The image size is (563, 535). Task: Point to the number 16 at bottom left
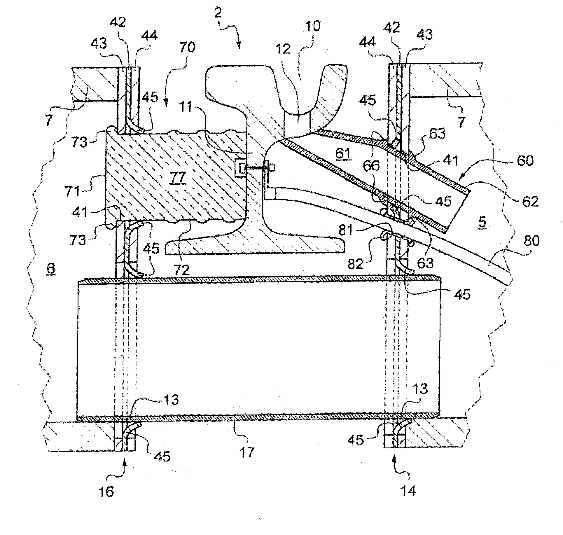coord(106,492)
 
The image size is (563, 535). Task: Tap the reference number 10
coord(312,26)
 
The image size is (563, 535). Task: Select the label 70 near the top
coord(187,47)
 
